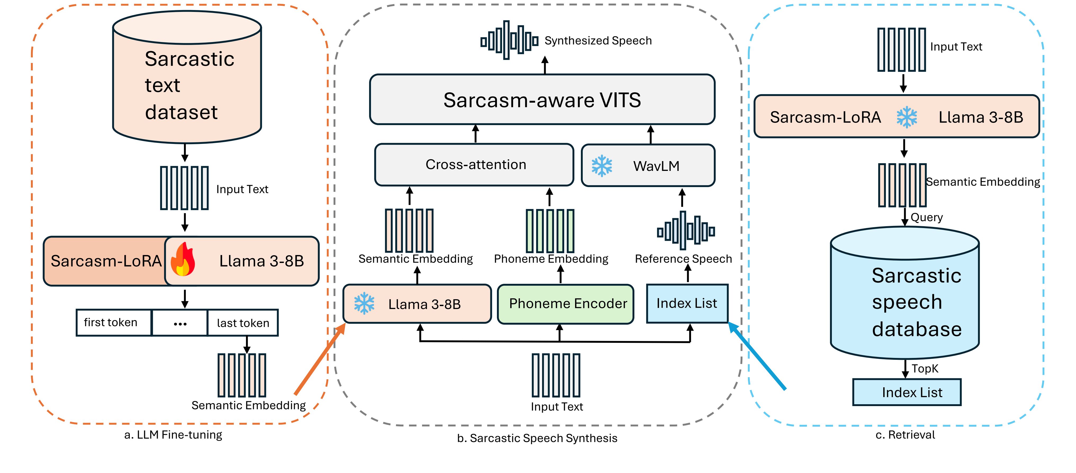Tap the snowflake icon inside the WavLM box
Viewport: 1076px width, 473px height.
point(602,166)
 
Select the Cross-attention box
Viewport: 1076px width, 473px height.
point(474,165)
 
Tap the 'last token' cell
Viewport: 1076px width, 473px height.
point(243,323)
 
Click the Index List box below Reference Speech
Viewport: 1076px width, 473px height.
point(687,303)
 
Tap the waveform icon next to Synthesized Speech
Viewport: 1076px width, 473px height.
point(509,40)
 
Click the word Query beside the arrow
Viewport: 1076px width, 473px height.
point(926,217)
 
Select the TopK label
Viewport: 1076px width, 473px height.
point(925,369)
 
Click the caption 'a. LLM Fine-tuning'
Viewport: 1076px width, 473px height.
point(173,435)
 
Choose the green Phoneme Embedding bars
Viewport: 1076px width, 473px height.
point(550,231)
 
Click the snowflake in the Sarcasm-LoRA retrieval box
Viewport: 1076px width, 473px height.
point(907,117)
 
